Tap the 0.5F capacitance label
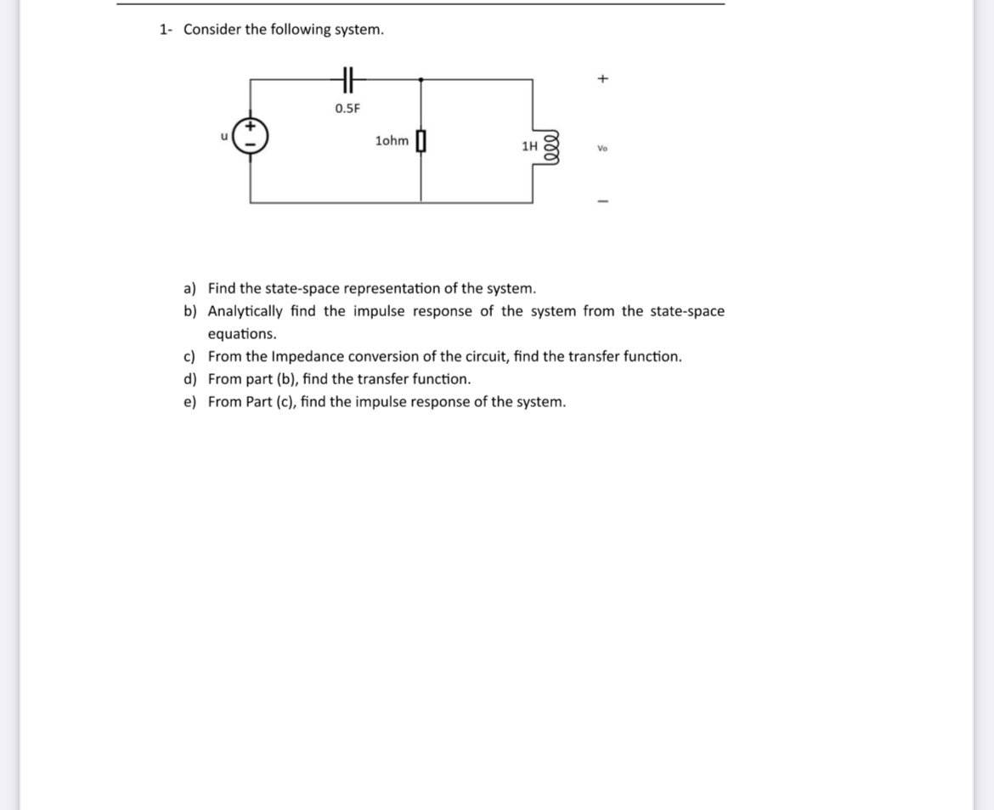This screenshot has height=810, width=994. (x=347, y=108)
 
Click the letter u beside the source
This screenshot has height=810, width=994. (x=224, y=133)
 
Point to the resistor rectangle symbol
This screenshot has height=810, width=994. (x=421, y=141)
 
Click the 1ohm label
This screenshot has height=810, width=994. (x=391, y=141)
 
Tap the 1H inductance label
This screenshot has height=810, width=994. (x=530, y=146)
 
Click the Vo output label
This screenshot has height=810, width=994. (x=602, y=148)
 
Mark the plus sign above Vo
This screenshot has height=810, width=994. (x=602, y=79)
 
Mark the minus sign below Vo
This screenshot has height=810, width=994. (x=602, y=201)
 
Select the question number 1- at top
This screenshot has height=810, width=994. (x=167, y=30)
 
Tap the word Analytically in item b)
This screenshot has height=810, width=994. (x=246, y=311)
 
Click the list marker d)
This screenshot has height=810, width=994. (x=190, y=379)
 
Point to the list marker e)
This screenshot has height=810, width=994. (x=190, y=402)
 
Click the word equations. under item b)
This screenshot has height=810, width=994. (x=242, y=334)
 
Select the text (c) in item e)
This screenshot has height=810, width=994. (x=285, y=402)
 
